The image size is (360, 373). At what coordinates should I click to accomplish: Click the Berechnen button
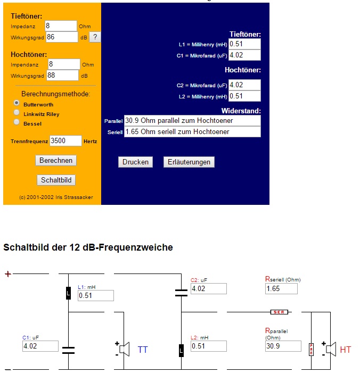[56, 160]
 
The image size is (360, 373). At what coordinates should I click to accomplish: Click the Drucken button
[135, 162]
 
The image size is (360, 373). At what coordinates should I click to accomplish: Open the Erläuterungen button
[189, 162]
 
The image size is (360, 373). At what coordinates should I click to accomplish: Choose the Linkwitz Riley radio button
[17, 113]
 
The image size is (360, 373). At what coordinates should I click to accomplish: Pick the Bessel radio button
[17, 122]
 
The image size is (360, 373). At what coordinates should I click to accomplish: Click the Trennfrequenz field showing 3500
[66, 140]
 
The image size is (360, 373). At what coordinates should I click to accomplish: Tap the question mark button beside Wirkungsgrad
[95, 37]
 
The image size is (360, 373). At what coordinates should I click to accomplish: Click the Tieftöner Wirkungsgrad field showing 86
[62, 37]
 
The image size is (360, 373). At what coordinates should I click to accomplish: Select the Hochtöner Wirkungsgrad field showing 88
[63, 76]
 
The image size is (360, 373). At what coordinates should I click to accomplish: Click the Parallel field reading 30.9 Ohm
[192, 120]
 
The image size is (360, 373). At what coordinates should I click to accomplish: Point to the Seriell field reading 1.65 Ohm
[192, 131]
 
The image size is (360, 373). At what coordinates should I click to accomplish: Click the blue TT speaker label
[143, 350]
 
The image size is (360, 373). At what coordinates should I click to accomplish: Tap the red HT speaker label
[346, 350]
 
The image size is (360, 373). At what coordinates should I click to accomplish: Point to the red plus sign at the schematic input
[7, 274]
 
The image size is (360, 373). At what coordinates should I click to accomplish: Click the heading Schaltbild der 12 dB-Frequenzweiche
[88, 247]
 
